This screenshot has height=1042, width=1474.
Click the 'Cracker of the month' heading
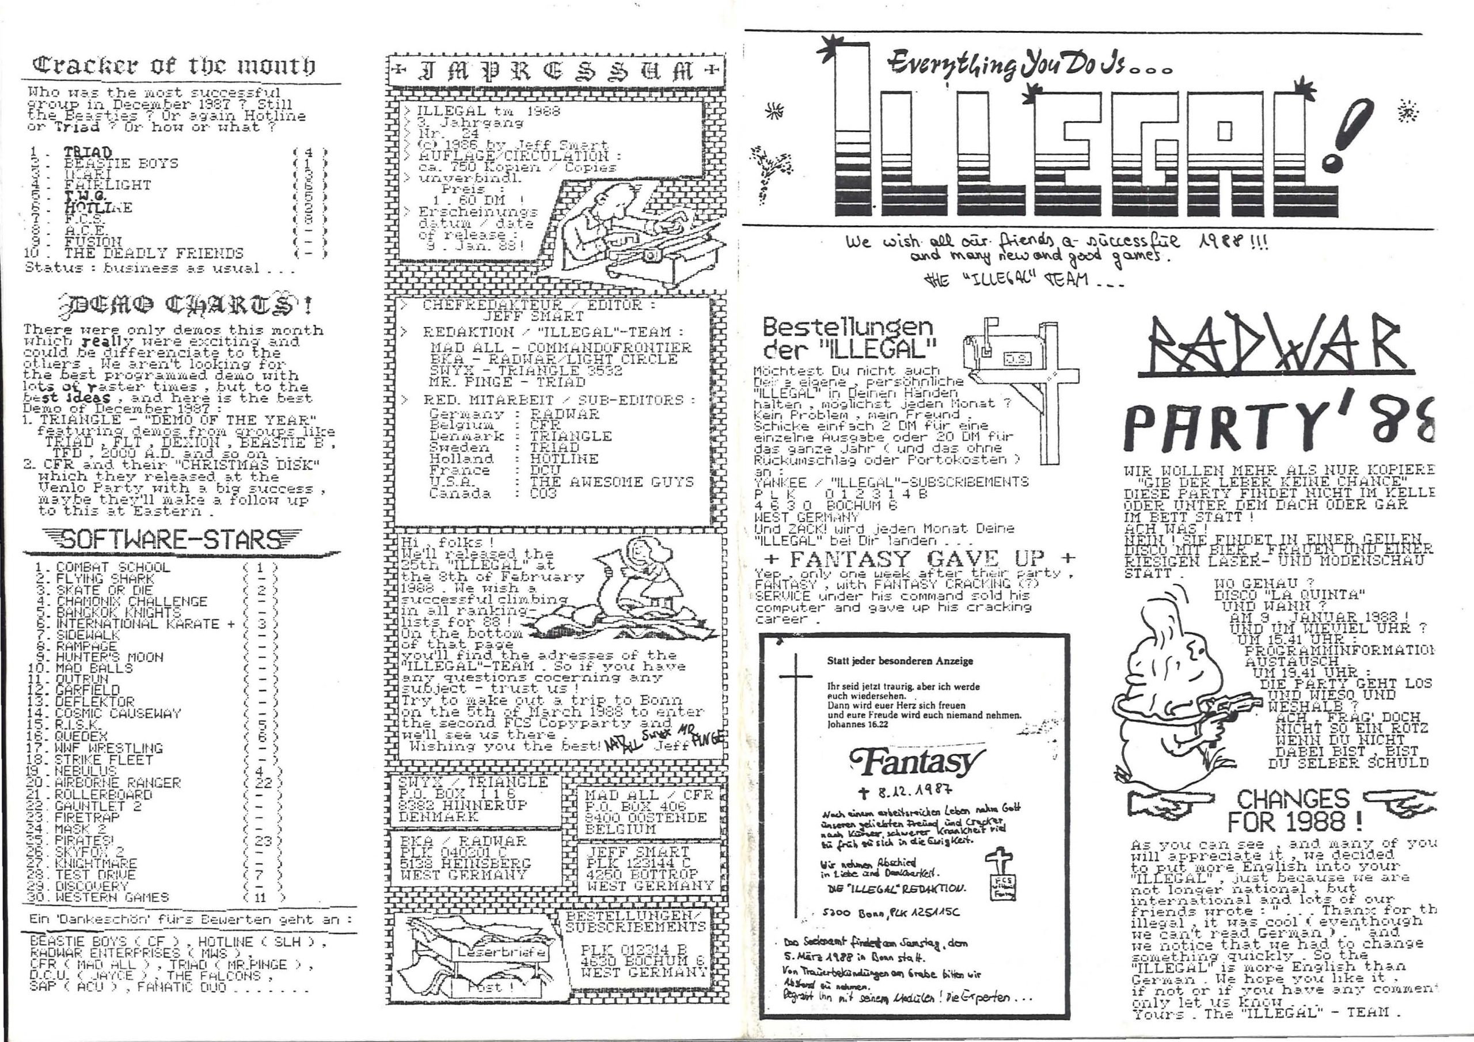coord(174,66)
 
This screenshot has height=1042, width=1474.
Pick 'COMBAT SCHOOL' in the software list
coord(113,568)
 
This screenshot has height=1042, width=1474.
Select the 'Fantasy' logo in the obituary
coord(917,763)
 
